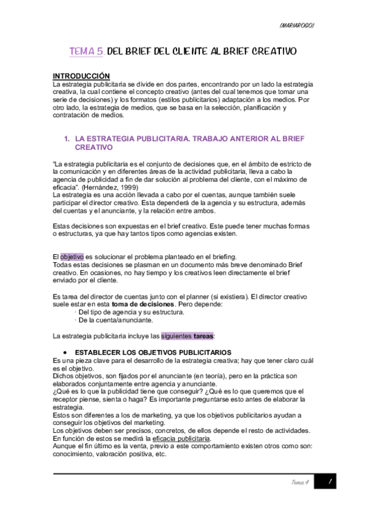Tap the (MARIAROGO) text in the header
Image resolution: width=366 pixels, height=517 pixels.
point(297,25)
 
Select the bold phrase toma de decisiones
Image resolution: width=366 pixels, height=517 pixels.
point(142,304)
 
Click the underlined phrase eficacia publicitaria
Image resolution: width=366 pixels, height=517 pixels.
point(181,438)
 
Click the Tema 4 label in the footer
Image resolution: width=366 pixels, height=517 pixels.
point(300,483)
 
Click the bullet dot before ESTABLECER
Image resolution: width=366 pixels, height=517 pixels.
point(65,352)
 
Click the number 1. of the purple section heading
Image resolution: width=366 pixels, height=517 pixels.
point(67,139)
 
